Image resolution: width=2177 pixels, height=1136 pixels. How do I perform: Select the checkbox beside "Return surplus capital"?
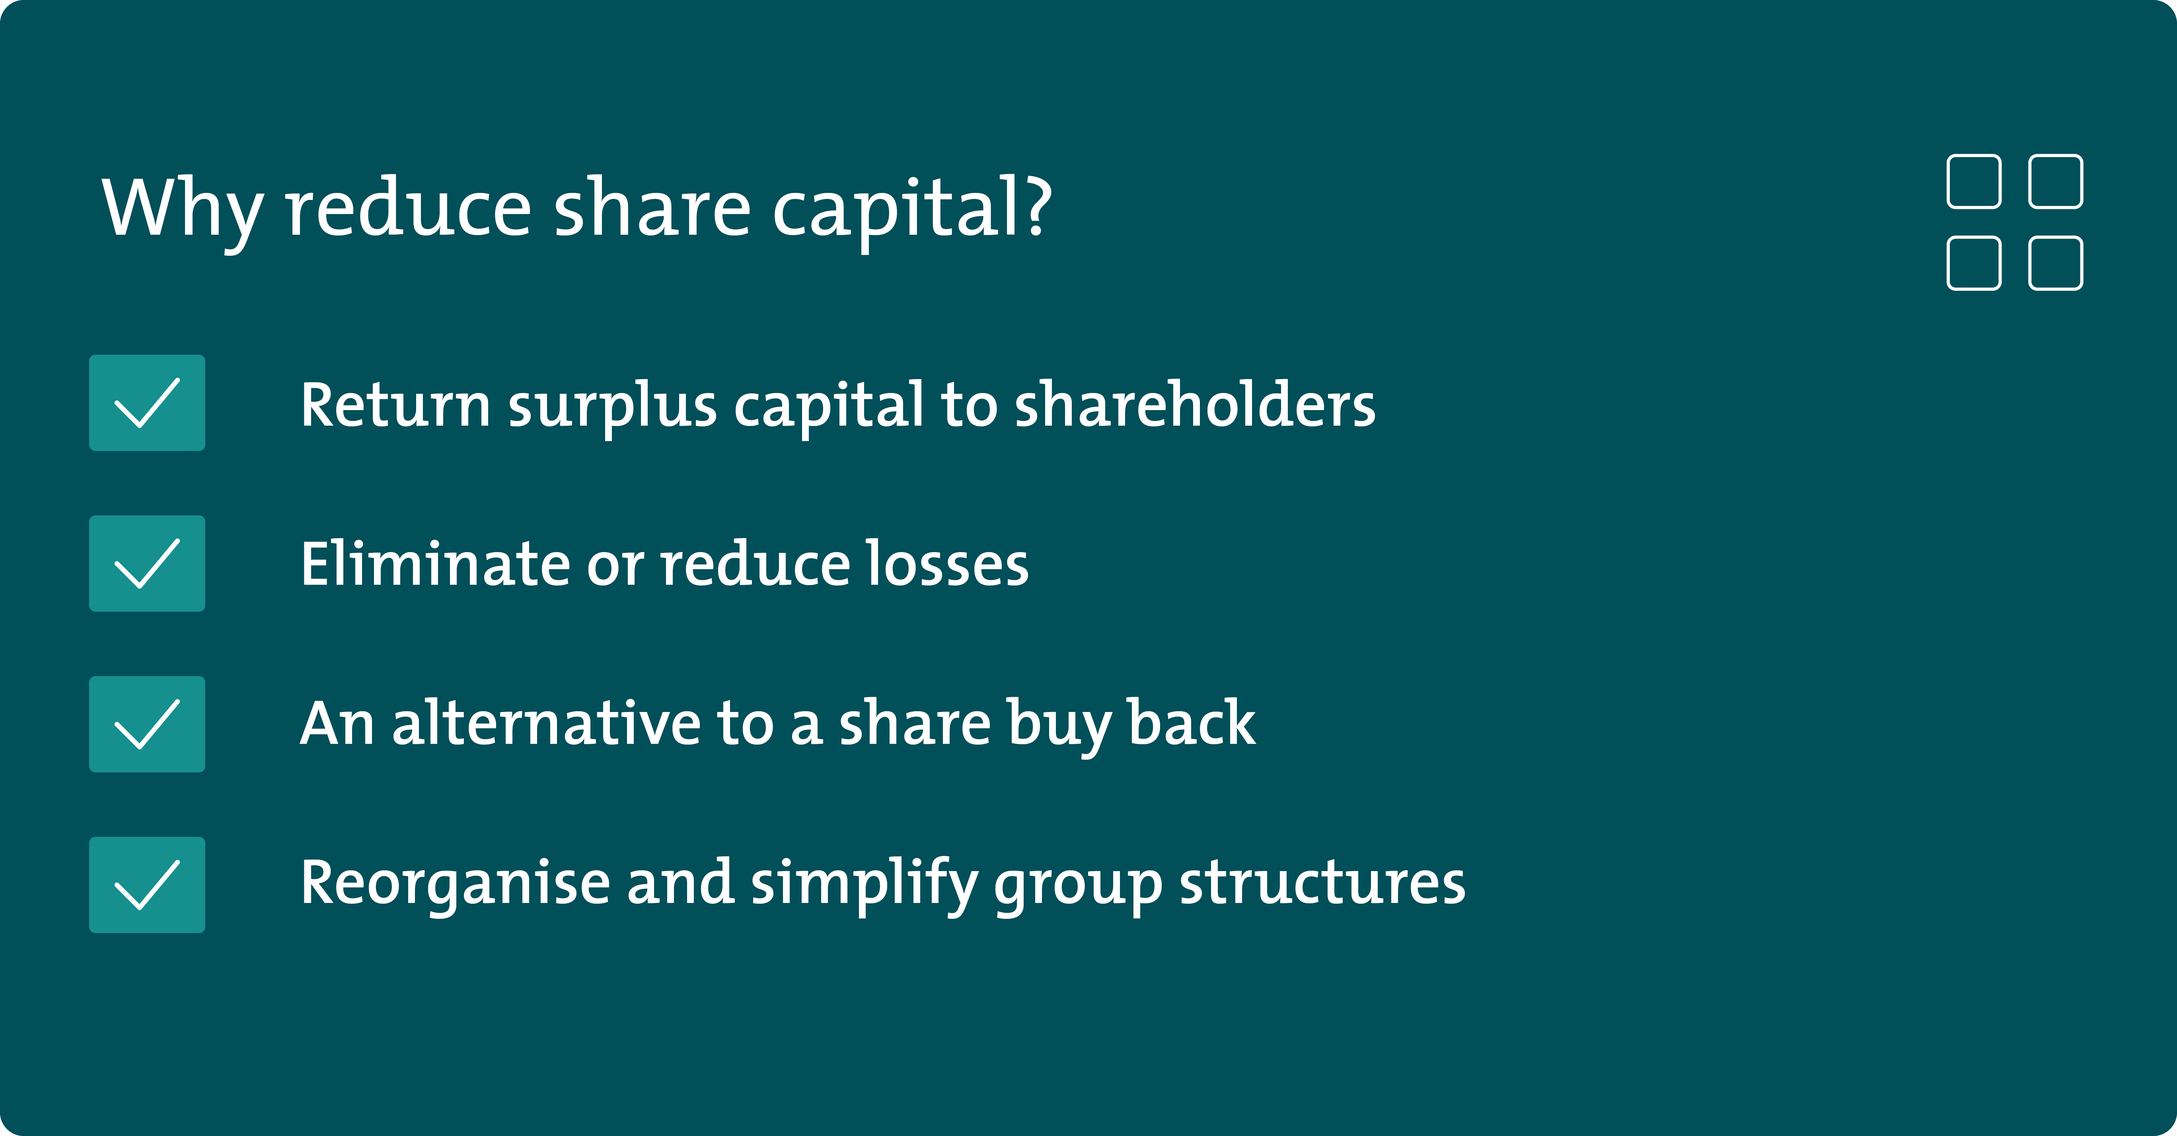[x=147, y=403]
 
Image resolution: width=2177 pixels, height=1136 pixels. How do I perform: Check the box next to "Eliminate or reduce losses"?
[x=147, y=563]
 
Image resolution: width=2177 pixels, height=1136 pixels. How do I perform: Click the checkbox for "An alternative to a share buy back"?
[x=147, y=724]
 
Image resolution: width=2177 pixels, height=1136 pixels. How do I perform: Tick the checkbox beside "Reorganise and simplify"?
[x=147, y=884]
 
